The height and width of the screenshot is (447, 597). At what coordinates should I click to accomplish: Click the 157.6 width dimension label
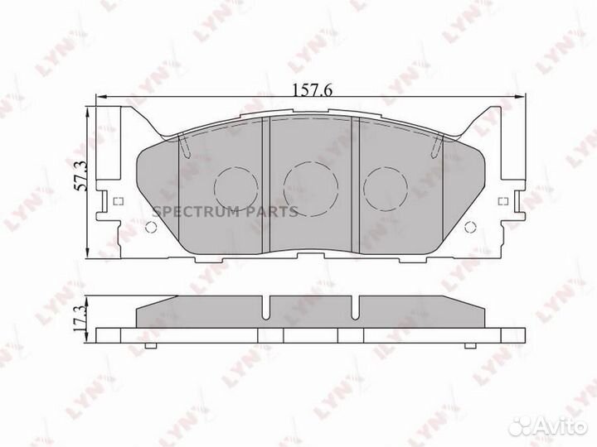point(308,91)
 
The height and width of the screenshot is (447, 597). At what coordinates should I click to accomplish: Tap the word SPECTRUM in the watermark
point(196,213)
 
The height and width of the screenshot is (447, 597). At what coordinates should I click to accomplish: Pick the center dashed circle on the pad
point(308,186)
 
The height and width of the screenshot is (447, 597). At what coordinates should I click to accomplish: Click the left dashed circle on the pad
point(237,186)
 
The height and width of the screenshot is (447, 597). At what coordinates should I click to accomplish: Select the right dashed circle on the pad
point(383,188)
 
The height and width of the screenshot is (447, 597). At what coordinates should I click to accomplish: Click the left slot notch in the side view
point(265,308)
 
